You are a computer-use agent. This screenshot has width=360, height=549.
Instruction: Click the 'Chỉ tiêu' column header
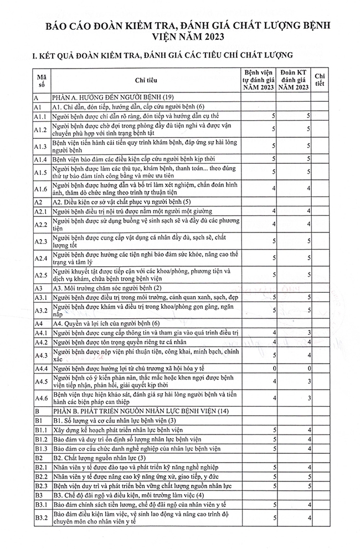pos(146,81)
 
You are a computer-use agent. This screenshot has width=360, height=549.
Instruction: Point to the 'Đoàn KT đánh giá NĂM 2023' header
pos(294,81)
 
